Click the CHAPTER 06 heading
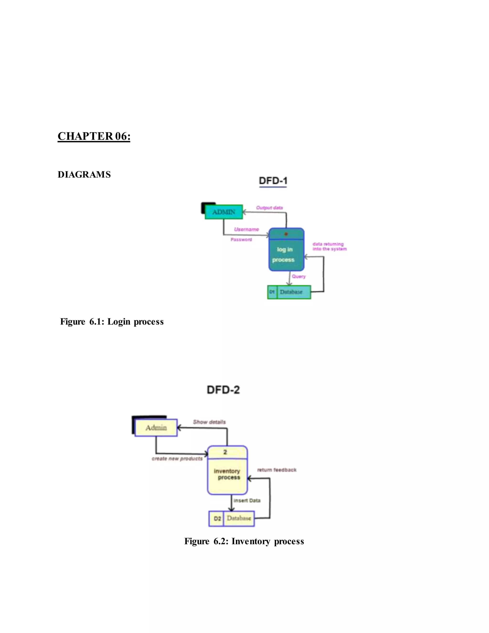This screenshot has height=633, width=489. tap(94, 136)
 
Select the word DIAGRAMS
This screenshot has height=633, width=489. tap(84, 174)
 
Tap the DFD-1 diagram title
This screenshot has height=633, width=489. tap(273, 181)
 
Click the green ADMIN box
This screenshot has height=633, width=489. tap(224, 212)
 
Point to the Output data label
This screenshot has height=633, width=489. tap(269, 208)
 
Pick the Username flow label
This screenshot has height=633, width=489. tap(246, 229)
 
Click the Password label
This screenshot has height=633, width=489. tap(241, 239)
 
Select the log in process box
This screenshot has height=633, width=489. tap(286, 254)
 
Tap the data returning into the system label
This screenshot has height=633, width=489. tap(329, 246)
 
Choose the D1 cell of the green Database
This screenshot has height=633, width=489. tap(272, 292)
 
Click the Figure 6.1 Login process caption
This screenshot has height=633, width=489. tap(112, 322)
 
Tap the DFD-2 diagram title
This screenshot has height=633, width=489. tap(223, 390)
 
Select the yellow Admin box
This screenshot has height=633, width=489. tap(156, 428)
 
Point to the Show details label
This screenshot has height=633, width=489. tap(209, 422)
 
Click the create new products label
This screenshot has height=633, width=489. tap(177, 459)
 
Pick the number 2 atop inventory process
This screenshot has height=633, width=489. tap(225, 452)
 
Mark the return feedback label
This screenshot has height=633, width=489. tap(277, 470)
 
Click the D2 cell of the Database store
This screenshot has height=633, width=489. tap(217, 519)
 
